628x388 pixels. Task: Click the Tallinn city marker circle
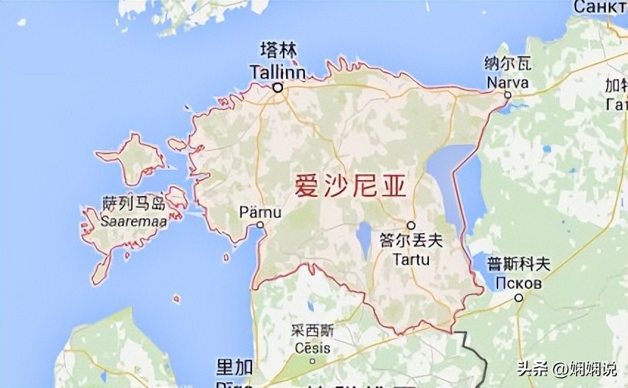pyautogui.click(x=278, y=88)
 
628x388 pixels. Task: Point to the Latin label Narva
pyautogui.click(x=508, y=83)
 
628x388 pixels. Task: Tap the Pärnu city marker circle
pyautogui.click(x=258, y=226)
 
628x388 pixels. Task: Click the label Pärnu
pyautogui.click(x=260, y=212)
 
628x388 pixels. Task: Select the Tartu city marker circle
pyautogui.click(x=411, y=225)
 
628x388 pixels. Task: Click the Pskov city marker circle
pyautogui.click(x=519, y=298)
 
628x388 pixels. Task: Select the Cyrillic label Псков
pyautogui.click(x=518, y=283)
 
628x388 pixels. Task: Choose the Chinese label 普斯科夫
pyautogui.click(x=518, y=264)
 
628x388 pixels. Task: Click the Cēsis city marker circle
pyautogui.click(x=311, y=361)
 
